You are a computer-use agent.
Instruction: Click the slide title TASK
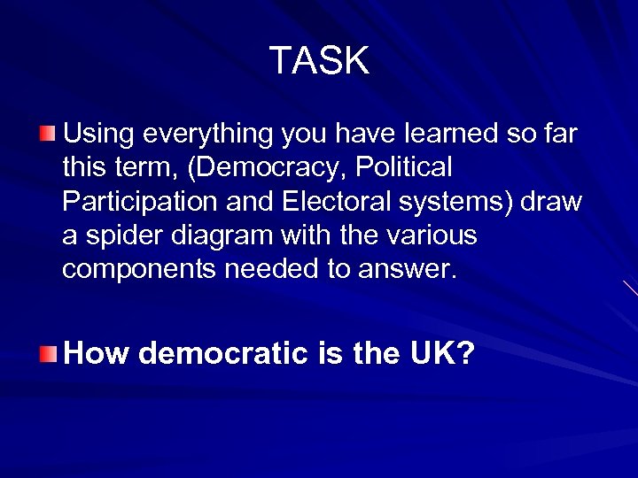319,61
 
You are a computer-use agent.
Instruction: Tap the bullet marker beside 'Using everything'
47,134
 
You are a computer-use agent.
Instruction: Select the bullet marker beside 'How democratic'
47,354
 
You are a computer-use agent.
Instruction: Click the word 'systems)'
462,202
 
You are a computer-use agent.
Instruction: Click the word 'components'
138,269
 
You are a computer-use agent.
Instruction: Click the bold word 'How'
97,354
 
